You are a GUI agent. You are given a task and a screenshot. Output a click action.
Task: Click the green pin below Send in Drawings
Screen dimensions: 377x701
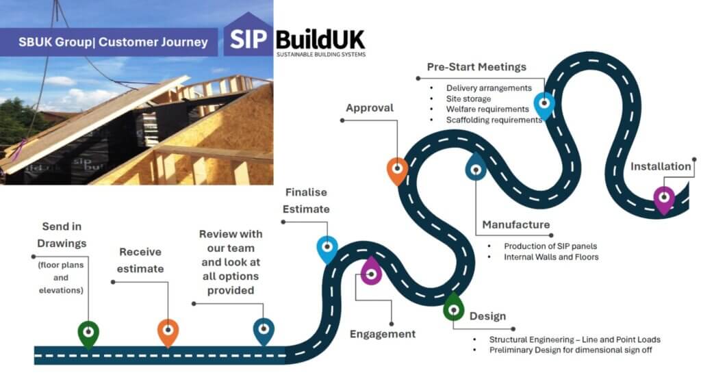coord(88,333)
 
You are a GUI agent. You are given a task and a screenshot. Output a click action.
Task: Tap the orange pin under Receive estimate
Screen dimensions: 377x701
coord(168,332)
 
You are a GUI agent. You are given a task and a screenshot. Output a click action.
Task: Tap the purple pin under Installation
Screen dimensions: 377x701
coord(663,199)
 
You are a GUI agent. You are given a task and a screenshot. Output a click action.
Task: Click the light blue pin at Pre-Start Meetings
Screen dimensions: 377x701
coord(544,105)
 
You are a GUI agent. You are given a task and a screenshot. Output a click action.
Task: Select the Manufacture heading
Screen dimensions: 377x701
coord(515,224)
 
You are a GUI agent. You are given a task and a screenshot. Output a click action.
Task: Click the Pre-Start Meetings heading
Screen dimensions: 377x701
coord(476,67)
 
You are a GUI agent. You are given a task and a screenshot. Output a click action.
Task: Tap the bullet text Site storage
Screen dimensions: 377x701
coord(468,99)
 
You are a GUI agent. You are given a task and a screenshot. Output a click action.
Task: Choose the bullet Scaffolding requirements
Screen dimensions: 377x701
coord(494,120)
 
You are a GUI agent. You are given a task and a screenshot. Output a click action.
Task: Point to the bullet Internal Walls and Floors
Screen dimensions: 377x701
coord(551,257)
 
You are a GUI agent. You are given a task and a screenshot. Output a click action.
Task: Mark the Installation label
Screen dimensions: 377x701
coord(661,166)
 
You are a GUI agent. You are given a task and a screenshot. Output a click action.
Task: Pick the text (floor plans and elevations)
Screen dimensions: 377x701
coord(61,278)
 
